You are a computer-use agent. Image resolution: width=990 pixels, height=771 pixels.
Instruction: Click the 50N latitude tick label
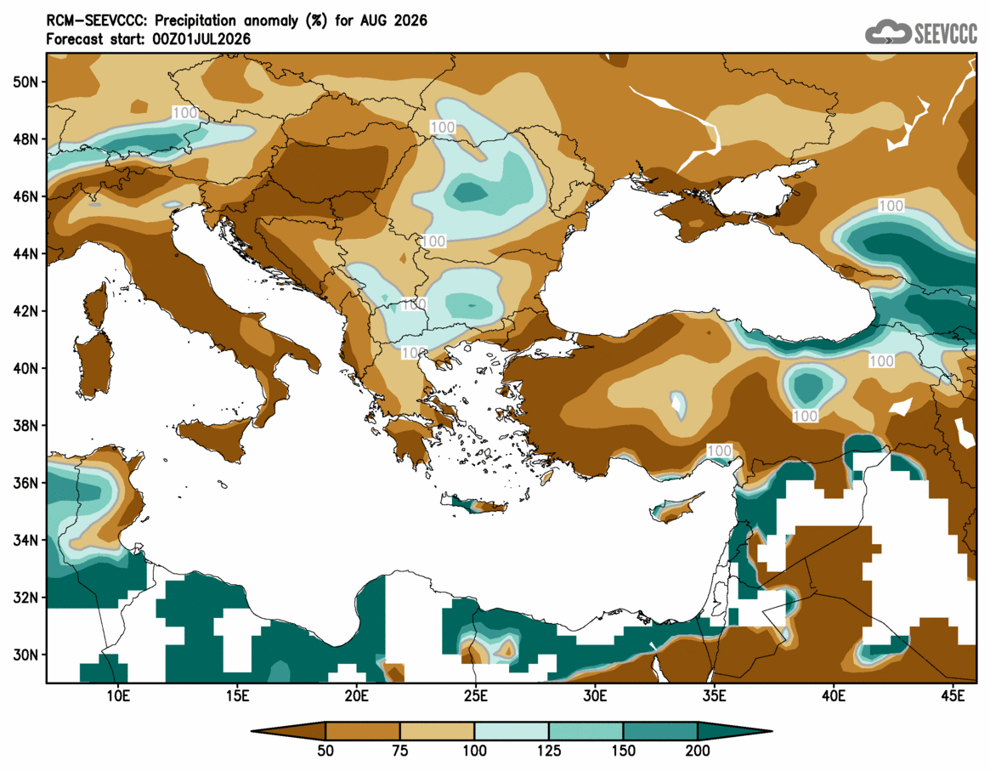[25, 82]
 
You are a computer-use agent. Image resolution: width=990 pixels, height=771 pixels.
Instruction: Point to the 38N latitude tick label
[25, 426]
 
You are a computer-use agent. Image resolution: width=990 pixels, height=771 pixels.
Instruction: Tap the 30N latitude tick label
[25, 655]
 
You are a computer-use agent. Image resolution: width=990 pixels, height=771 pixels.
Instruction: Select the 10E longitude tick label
[117, 696]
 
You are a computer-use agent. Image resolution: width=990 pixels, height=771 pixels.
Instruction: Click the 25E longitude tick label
[475, 696]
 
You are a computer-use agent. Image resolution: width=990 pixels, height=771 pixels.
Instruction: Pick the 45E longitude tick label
[953, 696]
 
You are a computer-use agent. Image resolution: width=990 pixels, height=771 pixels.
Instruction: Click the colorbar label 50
[325, 751]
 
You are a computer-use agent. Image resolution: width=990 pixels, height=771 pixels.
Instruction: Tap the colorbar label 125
[549, 751]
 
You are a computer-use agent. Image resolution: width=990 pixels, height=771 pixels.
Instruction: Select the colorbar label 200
[698, 751]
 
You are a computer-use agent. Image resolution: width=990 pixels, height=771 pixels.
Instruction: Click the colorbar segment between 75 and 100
[437, 731]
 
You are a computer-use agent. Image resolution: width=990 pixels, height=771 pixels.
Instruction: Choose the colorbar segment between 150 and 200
[660, 731]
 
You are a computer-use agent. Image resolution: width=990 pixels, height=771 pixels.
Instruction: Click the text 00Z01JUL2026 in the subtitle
[201, 39]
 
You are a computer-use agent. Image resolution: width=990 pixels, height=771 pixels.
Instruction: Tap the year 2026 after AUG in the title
[410, 20]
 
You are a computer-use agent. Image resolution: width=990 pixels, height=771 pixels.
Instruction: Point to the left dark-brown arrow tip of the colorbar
[252, 731]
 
